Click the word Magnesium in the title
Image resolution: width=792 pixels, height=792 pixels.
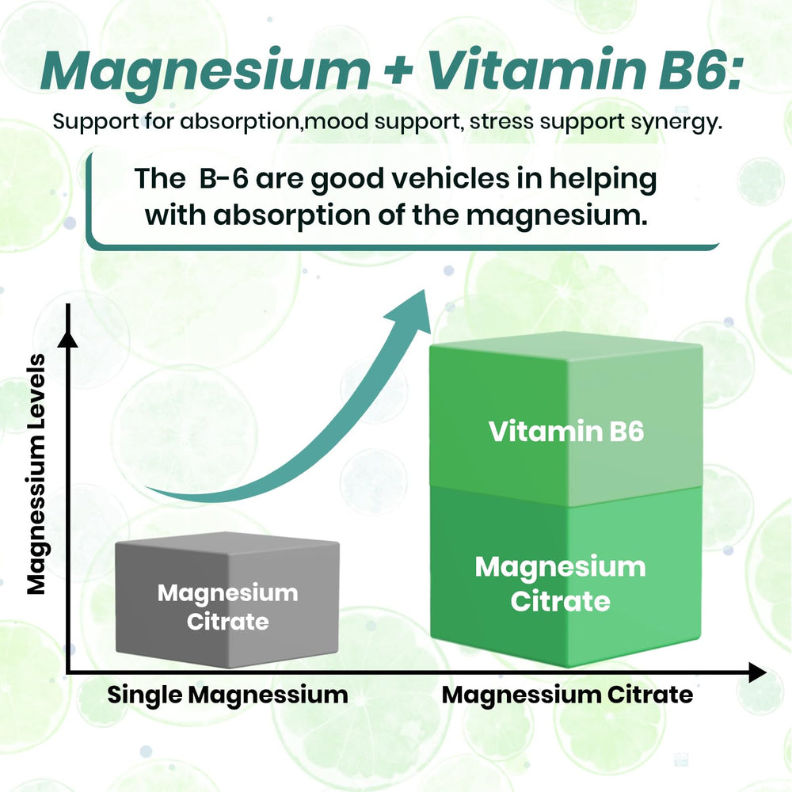click(206, 71)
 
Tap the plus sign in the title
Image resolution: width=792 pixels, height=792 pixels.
click(399, 70)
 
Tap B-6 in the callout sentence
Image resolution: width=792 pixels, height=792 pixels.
click(224, 178)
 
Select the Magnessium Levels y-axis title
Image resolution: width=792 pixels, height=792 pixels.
click(36, 474)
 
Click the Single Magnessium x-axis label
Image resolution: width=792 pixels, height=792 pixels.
click(228, 695)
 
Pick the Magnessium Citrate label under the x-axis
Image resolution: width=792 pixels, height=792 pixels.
click(567, 695)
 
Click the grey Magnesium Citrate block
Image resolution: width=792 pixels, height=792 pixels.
click(227, 600)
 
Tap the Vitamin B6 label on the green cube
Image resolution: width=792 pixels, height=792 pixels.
click(566, 431)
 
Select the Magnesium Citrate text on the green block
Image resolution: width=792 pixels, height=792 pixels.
click(560, 584)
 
